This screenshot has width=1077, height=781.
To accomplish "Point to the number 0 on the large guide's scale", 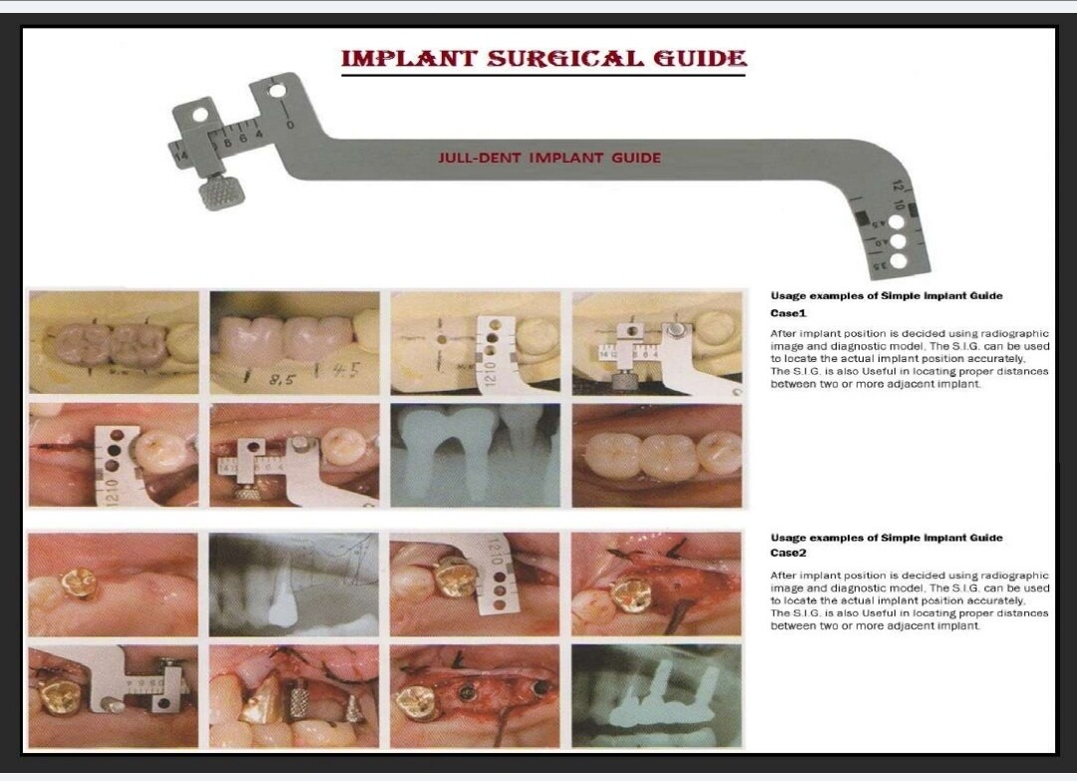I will click(289, 124).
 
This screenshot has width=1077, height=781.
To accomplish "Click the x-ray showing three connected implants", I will click(657, 694).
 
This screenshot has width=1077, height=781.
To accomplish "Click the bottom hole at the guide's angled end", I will click(899, 261).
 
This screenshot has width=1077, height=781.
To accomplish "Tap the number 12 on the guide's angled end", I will click(897, 187).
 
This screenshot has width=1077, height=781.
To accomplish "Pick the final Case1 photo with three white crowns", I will click(657, 455).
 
